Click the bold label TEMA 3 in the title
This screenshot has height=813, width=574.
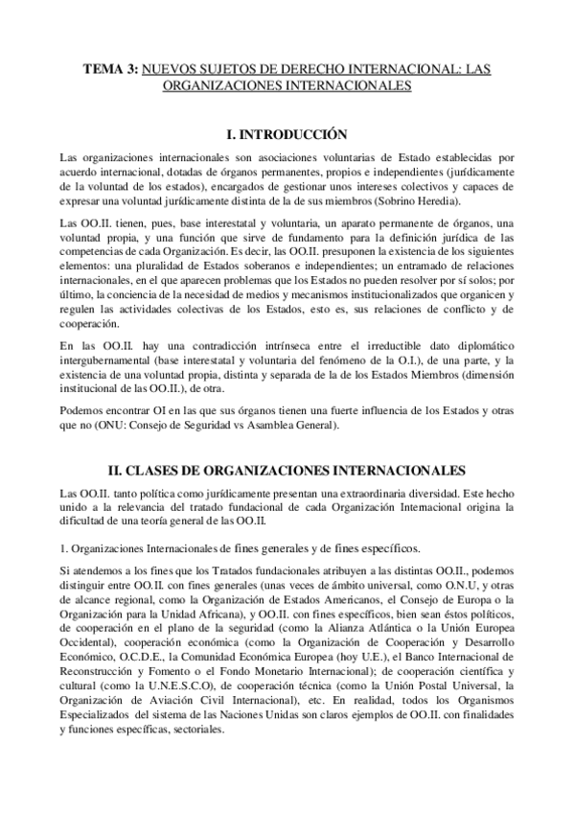click(x=111, y=69)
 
